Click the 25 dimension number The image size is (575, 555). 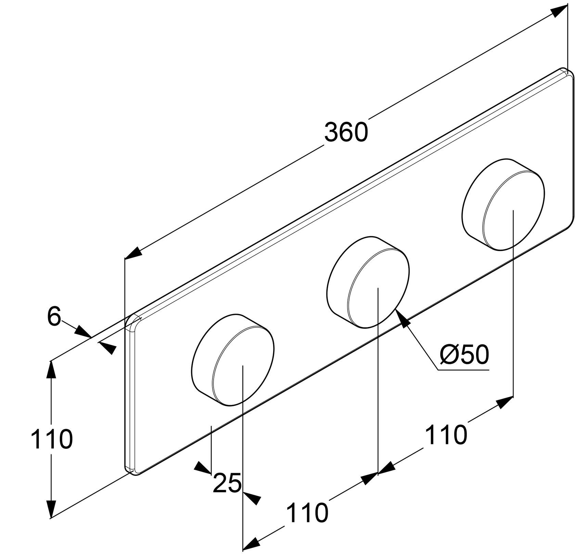coord(227,483)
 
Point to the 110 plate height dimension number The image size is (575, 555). coord(52,439)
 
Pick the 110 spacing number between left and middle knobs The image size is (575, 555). coord(307,513)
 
